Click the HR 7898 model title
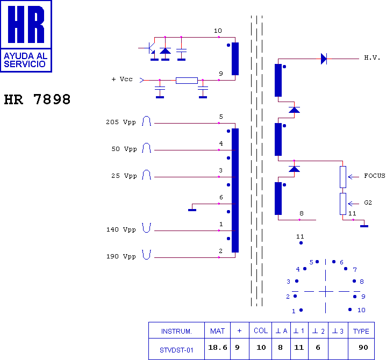click(37, 99)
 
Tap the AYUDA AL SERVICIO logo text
click(26, 60)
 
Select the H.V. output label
click(372, 57)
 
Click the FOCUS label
click(374, 176)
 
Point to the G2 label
click(368, 203)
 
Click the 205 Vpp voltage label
click(121, 122)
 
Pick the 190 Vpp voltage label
click(121, 256)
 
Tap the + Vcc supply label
click(122, 79)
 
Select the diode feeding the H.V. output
click(324, 59)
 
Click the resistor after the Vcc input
click(187, 81)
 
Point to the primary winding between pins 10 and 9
click(235, 59)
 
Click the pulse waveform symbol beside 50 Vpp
click(146, 148)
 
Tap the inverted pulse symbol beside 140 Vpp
click(146, 228)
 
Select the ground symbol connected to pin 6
click(192, 210)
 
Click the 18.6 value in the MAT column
click(218, 348)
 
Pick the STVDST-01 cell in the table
click(176, 350)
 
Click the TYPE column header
click(361, 331)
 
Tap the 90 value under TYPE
click(363, 348)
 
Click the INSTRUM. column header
click(176, 332)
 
